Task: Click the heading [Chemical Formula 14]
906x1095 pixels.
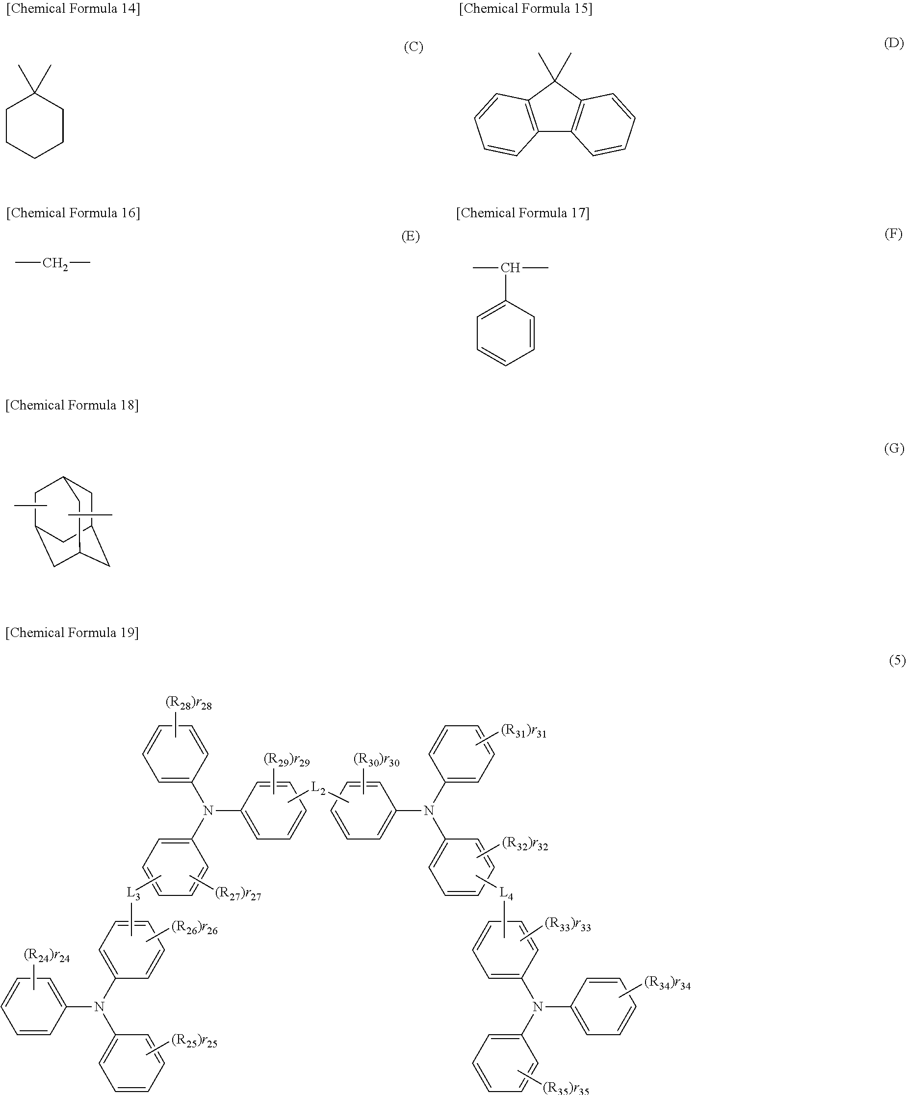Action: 73,9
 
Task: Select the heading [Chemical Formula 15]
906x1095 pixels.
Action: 525,9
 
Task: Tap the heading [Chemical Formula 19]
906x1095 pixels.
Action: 72,633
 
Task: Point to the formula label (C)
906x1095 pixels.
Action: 413,47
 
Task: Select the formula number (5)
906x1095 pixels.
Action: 897,660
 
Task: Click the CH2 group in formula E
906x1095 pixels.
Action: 55,263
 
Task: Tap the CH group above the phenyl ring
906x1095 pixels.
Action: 510,268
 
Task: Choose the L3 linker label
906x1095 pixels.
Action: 133,892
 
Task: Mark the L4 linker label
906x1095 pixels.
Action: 506,893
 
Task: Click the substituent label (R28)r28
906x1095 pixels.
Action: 188,703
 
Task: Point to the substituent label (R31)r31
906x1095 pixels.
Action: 523,731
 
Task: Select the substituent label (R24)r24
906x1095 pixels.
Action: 47,955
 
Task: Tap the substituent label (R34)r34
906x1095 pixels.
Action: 667,983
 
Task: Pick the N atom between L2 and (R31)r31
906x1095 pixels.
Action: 429,810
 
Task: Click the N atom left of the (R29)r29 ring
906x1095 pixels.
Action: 208,810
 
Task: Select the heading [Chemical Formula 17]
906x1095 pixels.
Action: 522,213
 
